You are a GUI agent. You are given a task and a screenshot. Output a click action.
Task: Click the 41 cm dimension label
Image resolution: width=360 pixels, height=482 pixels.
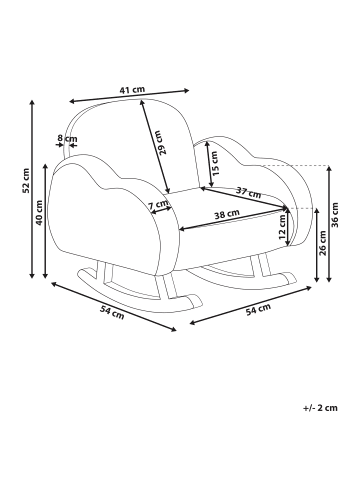[x=132, y=90]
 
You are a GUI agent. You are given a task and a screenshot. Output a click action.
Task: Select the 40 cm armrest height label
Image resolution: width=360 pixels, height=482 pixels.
[x=39, y=213]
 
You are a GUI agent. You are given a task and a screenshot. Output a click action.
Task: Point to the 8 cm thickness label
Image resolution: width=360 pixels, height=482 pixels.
[x=67, y=138]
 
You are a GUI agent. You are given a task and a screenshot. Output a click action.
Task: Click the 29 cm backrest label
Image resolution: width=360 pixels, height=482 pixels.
[x=161, y=143]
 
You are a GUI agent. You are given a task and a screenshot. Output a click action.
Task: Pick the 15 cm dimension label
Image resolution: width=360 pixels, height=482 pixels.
[x=214, y=164]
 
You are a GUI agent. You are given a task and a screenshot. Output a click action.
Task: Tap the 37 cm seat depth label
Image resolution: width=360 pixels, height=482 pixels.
[x=248, y=193]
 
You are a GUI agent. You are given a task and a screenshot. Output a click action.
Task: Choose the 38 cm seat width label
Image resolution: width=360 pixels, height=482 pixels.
[x=227, y=215]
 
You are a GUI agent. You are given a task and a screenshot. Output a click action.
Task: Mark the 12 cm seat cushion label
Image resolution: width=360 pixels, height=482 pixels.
[x=282, y=227]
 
